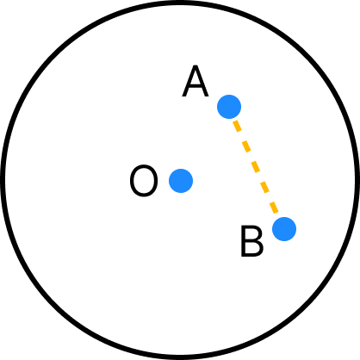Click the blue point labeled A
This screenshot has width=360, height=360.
tap(229, 107)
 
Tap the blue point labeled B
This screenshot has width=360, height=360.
tap(284, 229)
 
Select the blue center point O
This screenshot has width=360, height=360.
tap(181, 181)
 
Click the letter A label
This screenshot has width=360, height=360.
tap(196, 81)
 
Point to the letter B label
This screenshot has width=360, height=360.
tap(251, 241)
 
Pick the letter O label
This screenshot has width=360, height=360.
tap(144, 181)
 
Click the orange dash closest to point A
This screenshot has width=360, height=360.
tap(237, 126)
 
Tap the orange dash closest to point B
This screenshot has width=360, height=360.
tap(274, 208)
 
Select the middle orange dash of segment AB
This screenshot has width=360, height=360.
tap(256, 167)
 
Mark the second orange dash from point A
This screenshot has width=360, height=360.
tap(246, 146)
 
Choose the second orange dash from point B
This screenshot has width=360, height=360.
tap(264, 187)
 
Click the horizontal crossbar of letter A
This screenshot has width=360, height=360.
tap(196, 86)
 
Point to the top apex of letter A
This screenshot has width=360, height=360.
tap(196, 66)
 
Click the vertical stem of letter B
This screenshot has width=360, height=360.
tap(243, 241)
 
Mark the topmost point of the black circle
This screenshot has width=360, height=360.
tap(180, 3)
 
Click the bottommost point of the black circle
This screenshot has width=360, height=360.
tap(180, 357)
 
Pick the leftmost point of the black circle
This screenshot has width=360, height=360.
tap(3, 180)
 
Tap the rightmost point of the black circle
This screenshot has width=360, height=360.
tap(357, 180)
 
